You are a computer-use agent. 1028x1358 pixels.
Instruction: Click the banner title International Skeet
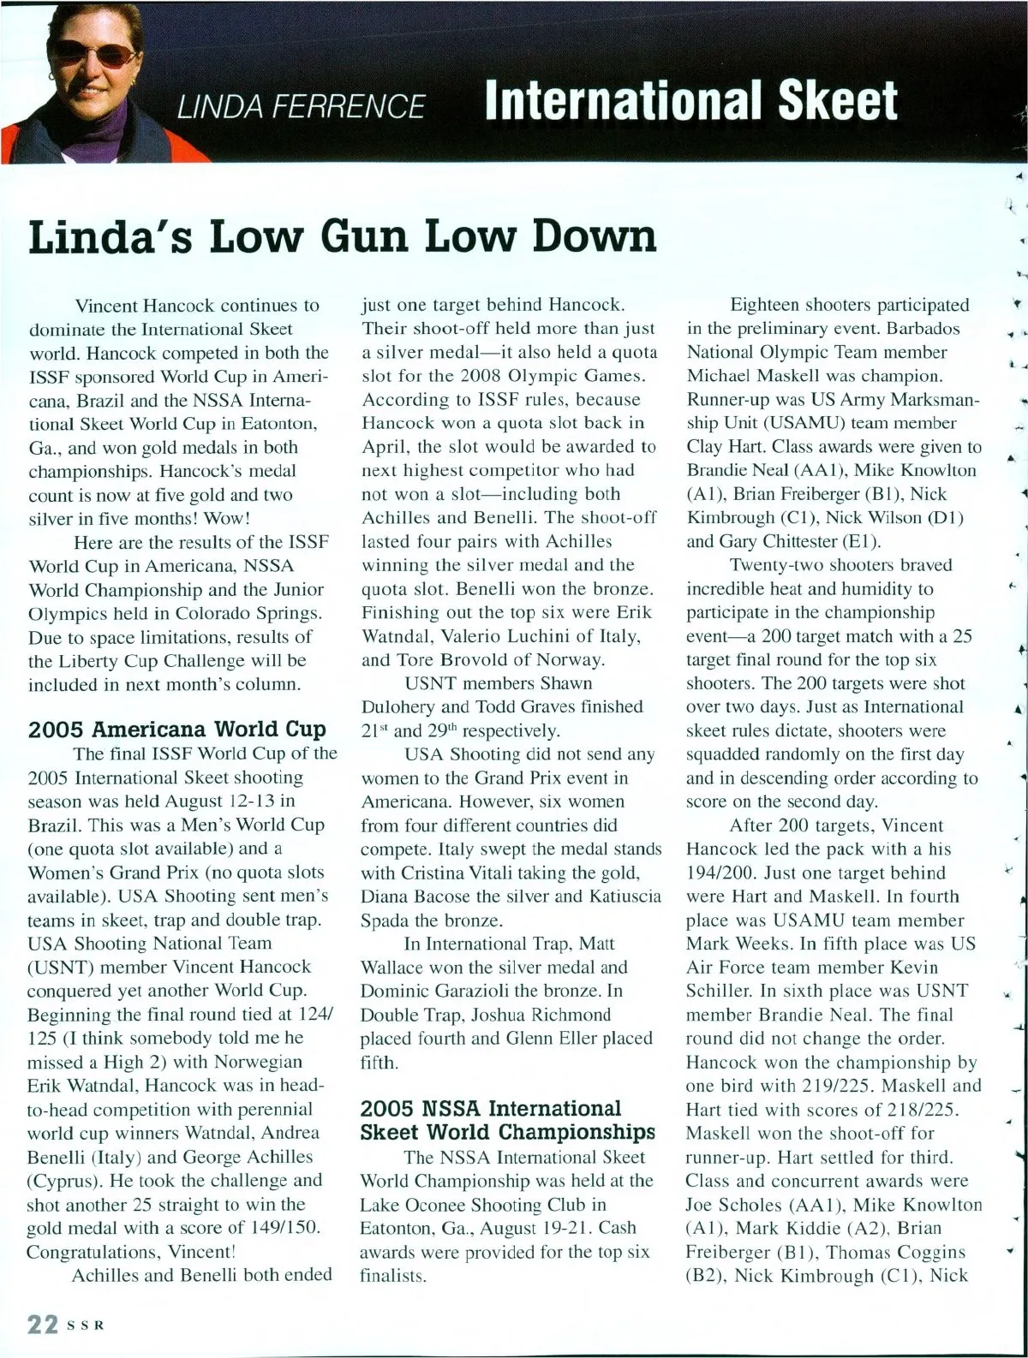click(x=690, y=101)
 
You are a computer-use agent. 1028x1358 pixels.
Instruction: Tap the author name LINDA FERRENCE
click(x=300, y=105)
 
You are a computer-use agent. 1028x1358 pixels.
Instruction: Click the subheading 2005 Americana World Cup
click(x=177, y=730)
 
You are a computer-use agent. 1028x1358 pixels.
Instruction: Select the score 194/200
click(x=722, y=873)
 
